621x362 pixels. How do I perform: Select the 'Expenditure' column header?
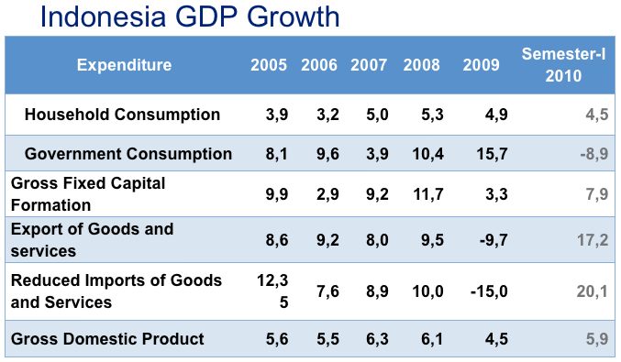124,65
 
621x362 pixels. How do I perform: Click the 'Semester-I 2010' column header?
563,65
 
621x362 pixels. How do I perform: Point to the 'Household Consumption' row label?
122,115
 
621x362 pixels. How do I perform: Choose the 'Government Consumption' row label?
128,154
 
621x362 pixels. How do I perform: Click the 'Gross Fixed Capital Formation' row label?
88,192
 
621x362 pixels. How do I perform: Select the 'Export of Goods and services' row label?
92,239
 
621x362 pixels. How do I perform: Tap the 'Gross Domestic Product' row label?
107,339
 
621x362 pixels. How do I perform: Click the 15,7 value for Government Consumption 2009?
492,154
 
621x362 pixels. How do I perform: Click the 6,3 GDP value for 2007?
376,339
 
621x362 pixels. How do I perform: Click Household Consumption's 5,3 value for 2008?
432,115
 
